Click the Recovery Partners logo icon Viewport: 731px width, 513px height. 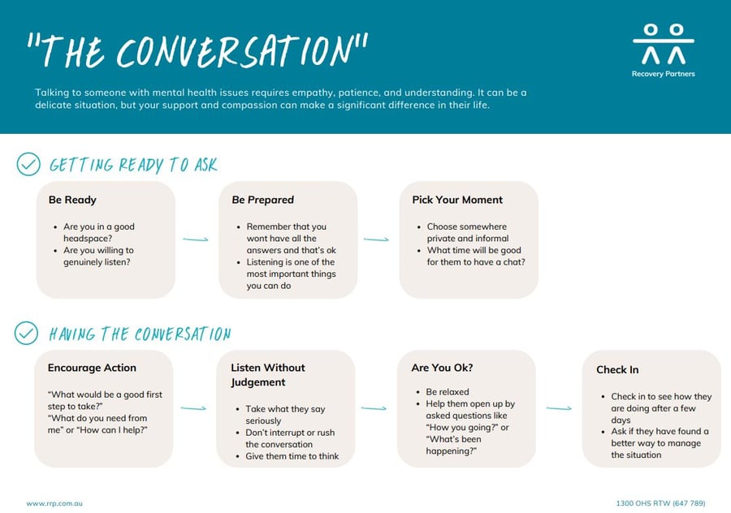664,45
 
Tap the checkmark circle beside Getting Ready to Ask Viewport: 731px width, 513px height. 28,164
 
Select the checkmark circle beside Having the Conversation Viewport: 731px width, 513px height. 27,333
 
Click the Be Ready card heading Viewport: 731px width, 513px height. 72,200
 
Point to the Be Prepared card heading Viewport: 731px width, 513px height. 263,200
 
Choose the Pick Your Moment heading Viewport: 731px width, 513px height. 457,200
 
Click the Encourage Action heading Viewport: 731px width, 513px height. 92,368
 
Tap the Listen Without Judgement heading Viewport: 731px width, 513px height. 268,375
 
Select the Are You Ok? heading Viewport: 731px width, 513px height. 442,368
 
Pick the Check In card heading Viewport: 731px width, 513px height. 617,369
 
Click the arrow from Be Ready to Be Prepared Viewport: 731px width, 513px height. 196,239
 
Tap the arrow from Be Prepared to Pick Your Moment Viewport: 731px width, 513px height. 376,239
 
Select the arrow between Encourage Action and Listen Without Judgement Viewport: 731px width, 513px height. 193,408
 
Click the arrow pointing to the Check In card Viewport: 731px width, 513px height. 559,408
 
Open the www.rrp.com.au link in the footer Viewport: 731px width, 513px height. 54,503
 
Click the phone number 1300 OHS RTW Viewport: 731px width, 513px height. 660,503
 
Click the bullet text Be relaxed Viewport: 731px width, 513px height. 448,392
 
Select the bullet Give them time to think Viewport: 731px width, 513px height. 292,456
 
